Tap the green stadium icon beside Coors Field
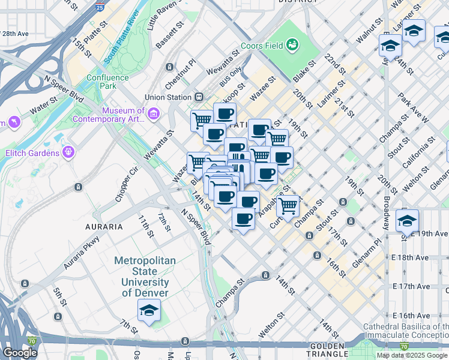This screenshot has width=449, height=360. click(x=292, y=44)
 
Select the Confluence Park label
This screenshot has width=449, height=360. click(x=107, y=82)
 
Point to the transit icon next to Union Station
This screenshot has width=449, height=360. click(x=199, y=97)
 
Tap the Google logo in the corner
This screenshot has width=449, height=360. click(x=20, y=353)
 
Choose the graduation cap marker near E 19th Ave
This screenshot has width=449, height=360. click(x=407, y=221)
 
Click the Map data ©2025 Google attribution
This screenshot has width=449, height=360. click(x=412, y=355)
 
